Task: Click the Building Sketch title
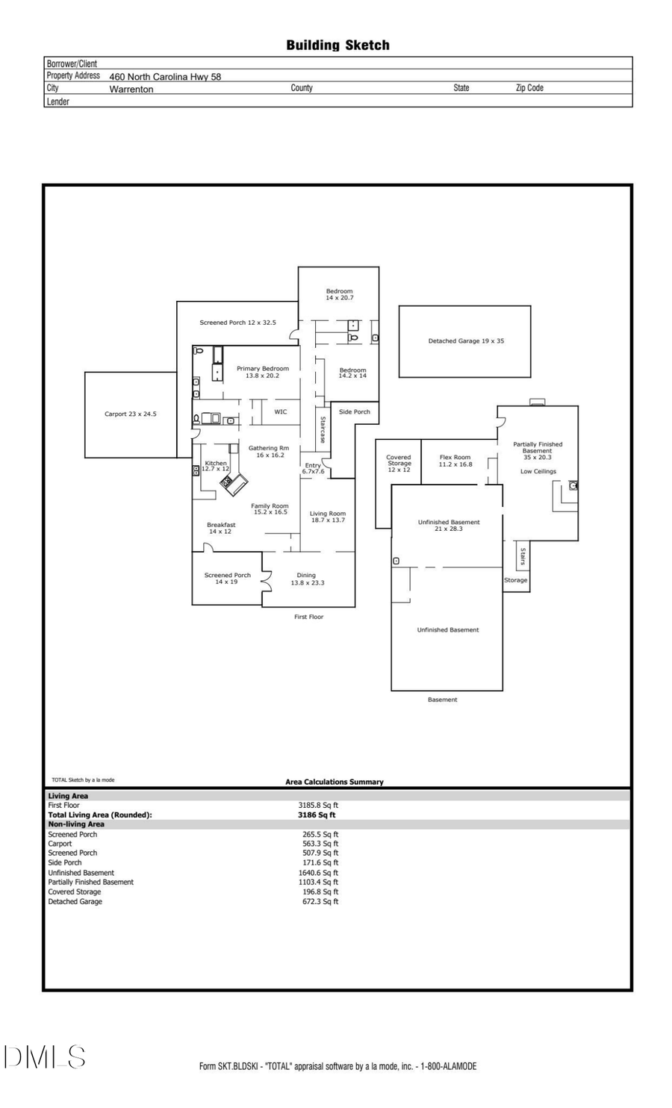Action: click(x=337, y=46)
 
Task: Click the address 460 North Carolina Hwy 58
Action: click(x=165, y=76)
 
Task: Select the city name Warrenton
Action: click(x=131, y=89)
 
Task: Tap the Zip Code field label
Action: click(x=529, y=88)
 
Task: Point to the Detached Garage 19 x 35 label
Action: click(x=465, y=341)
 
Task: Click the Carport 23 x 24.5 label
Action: click(x=131, y=414)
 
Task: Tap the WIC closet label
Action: click(x=281, y=412)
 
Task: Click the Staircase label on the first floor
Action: click(x=323, y=430)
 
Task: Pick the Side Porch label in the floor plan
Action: click(x=354, y=412)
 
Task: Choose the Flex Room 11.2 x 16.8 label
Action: click(x=455, y=461)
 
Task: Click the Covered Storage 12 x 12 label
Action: click(x=399, y=464)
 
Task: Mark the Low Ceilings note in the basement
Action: click(x=538, y=472)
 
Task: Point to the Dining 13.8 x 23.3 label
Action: click(x=307, y=579)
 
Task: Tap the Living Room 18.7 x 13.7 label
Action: click(x=328, y=517)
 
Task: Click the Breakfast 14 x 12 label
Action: click(x=221, y=528)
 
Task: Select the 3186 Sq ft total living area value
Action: click(x=317, y=815)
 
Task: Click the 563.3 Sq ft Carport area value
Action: click(x=320, y=844)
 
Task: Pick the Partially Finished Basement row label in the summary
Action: click(x=91, y=883)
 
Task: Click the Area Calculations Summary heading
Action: click(x=334, y=782)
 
